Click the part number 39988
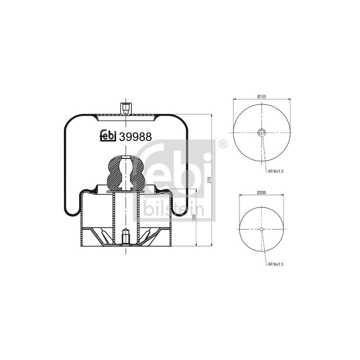point(136,137)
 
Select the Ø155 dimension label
point(262,97)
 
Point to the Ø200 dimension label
point(262,193)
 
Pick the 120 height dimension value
point(194,217)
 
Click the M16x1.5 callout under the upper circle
point(276,171)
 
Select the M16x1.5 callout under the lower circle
point(276,264)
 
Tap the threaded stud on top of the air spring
point(126,108)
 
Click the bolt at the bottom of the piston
point(126,237)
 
